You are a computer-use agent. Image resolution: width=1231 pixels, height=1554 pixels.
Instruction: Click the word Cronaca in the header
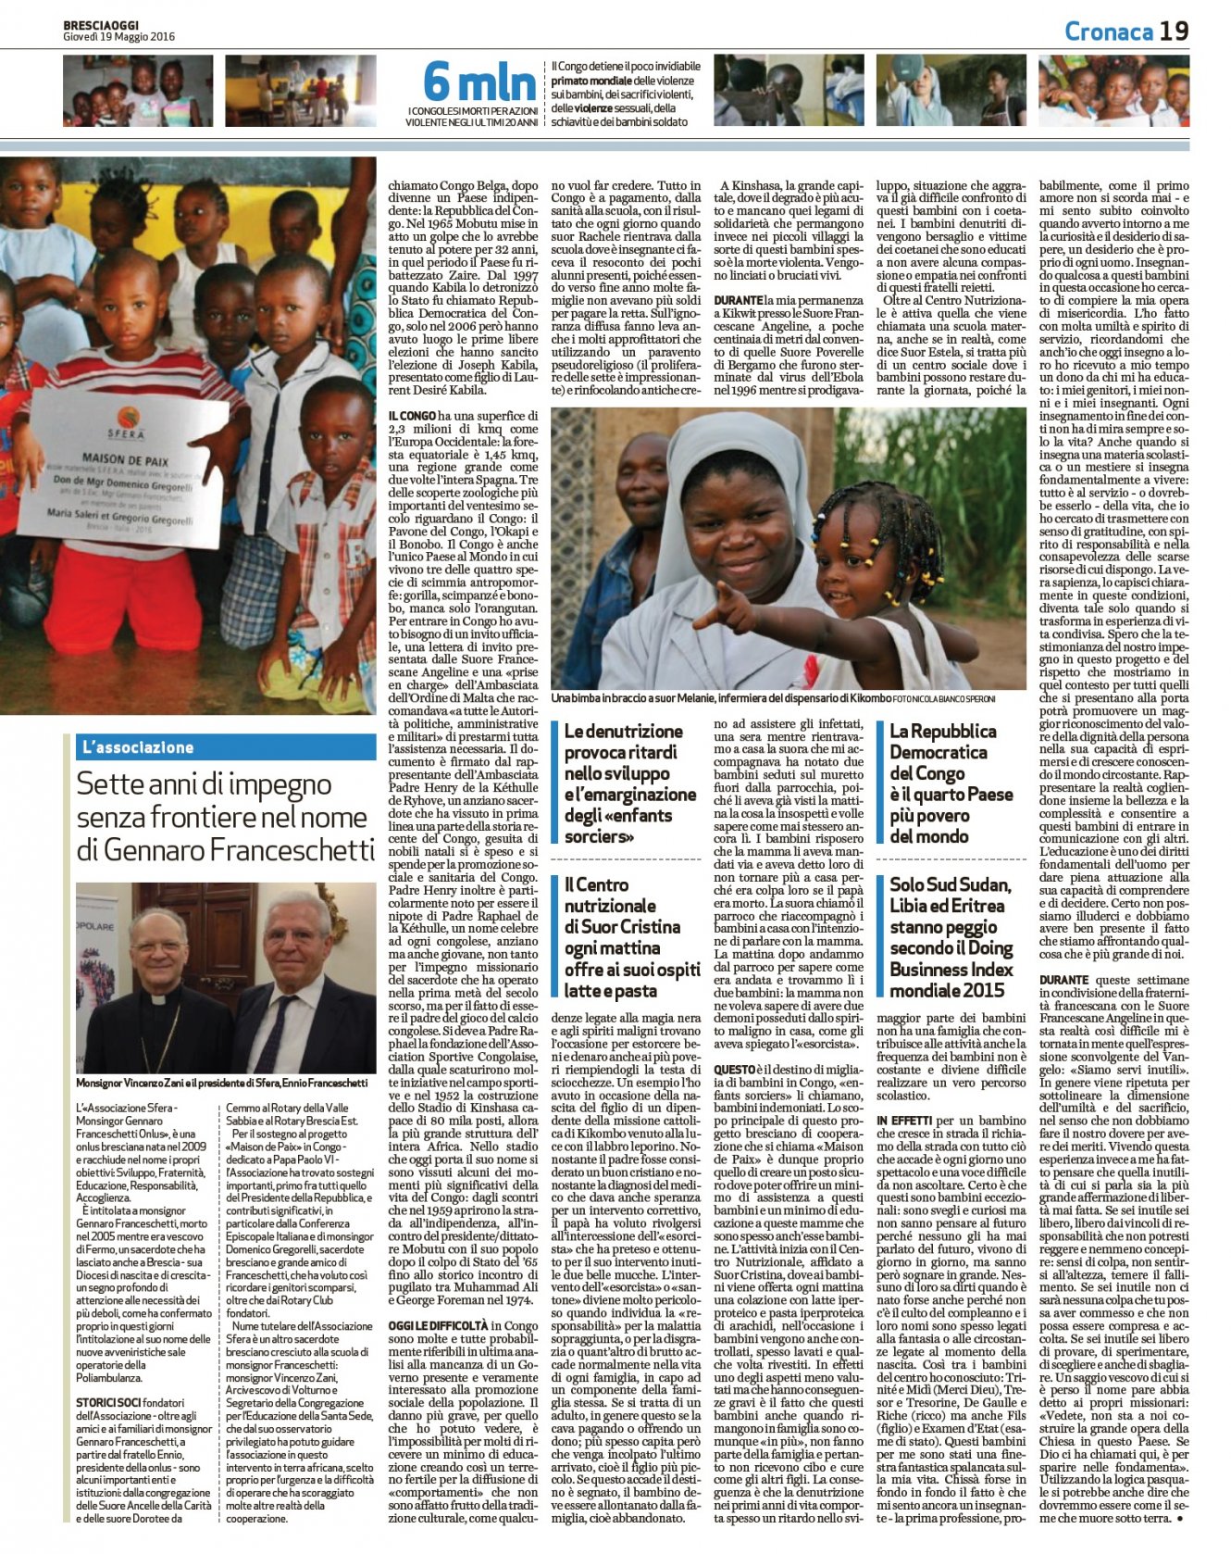(x=1108, y=31)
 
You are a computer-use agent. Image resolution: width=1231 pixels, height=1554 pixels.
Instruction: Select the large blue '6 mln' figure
(x=479, y=82)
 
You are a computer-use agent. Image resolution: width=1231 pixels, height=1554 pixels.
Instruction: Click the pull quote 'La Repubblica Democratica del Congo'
(x=951, y=783)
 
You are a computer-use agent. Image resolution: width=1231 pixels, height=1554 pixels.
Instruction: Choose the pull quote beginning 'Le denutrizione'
(x=629, y=783)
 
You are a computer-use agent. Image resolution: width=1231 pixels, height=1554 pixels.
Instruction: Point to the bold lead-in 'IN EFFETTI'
(x=904, y=1121)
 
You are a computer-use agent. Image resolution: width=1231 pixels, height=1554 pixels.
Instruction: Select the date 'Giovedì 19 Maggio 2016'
(x=118, y=37)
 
